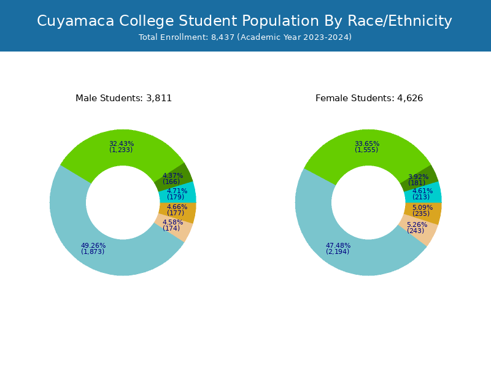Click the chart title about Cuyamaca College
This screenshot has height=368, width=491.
pyautogui.click(x=244, y=21)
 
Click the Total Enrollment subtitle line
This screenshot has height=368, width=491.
pyautogui.click(x=245, y=37)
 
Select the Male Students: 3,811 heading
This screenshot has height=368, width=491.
pyautogui.click(x=123, y=98)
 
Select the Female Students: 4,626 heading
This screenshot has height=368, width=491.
pyautogui.click(x=369, y=98)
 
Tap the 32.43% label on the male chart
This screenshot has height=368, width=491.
pyautogui.click(x=122, y=144)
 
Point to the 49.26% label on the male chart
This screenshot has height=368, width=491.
pyautogui.click(x=93, y=246)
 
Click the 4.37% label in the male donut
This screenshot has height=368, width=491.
pyautogui.click(x=172, y=176)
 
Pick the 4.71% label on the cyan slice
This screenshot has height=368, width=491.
pyautogui.click(x=177, y=191)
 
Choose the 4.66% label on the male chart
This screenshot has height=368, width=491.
pyautogui.click(x=177, y=207)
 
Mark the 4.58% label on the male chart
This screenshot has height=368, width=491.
pyautogui.click(x=172, y=223)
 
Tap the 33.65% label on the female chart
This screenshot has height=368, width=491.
pyautogui.click(x=367, y=144)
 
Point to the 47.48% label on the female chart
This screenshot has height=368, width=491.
pyautogui.click(x=338, y=246)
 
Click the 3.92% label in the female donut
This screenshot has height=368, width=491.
pyautogui.click(x=418, y=177)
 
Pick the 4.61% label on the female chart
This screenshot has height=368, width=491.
pyautogui.click(x=422, y=191)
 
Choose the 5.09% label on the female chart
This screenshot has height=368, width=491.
pyautogui.click(x=422, y=208)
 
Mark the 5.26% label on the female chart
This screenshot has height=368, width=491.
pyautogui.click(x=417, y=225)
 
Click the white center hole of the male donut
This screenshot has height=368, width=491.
pyautogui.click(x=123, y=202)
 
